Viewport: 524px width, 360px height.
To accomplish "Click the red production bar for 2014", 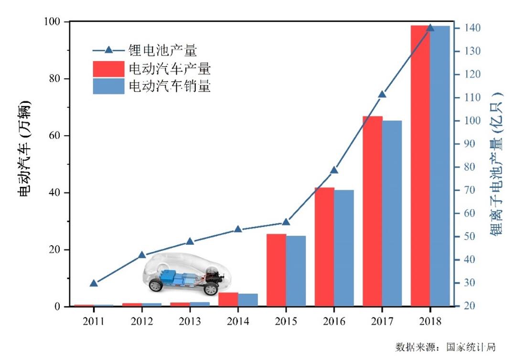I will (x=228, y=299).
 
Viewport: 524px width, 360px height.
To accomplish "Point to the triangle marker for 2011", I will (x=94, y=283).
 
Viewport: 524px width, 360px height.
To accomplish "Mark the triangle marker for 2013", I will (x=190, y=241).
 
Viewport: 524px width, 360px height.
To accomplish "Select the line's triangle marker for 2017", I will (x=382, y=94).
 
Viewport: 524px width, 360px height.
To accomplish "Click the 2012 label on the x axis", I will (x=142, y=321).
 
